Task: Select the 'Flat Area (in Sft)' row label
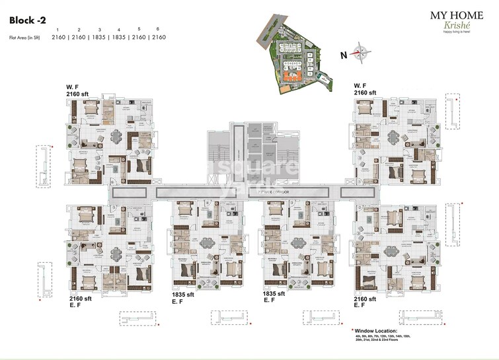pyautogui.click(x=24, y=38)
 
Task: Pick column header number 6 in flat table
pyautogui.click(x=158, y=30)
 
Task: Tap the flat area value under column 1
pyautogui.click(x=59, y=38)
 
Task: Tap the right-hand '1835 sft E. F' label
pyautogui.click(x=273, y=297)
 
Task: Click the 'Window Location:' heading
pyautogui.click(x=377, y=330)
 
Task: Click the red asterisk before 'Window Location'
pyautogui.click(x=353, y=329)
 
